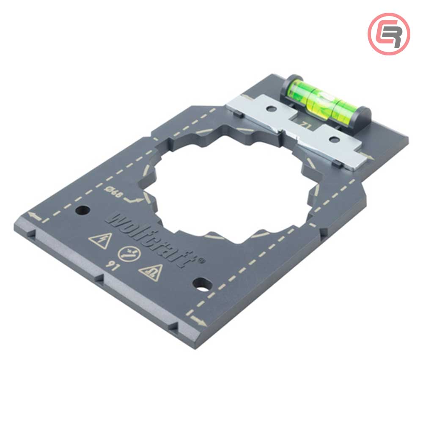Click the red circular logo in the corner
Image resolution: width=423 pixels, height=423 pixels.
coord(389,34)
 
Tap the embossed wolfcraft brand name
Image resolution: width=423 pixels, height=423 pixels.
coord(151,239)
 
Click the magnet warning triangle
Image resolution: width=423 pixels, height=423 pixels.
coord(151,273)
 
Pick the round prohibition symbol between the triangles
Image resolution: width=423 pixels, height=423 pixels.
coord(129,254)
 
